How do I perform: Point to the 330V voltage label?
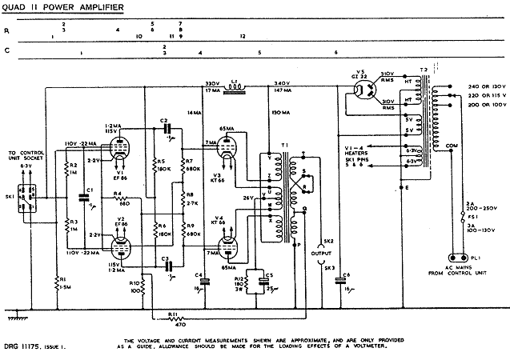pos(212,83)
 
